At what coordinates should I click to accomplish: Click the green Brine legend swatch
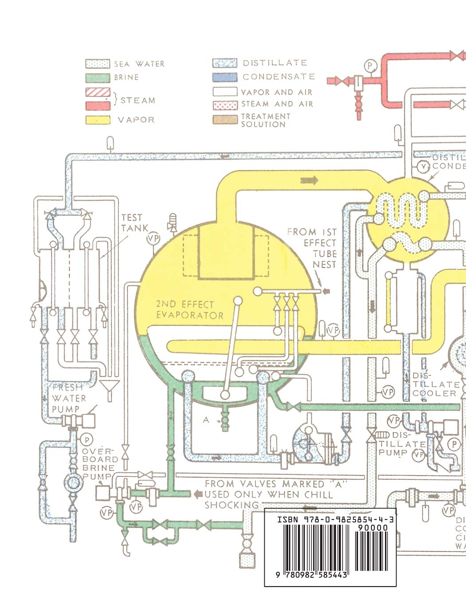98,77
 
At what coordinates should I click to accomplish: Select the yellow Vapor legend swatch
98,119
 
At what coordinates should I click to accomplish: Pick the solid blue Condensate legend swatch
224,77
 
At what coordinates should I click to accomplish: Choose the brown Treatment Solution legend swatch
224,120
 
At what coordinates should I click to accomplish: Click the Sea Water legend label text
139,64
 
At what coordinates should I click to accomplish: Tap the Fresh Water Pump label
69,398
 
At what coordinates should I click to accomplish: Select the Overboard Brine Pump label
100,459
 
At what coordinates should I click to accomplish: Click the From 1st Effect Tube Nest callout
312,248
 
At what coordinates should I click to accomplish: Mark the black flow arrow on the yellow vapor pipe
309,180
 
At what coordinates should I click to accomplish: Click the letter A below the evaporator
206,420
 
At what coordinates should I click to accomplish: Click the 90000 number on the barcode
372,528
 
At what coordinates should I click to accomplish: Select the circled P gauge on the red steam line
369,66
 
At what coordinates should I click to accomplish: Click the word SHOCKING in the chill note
231,505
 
